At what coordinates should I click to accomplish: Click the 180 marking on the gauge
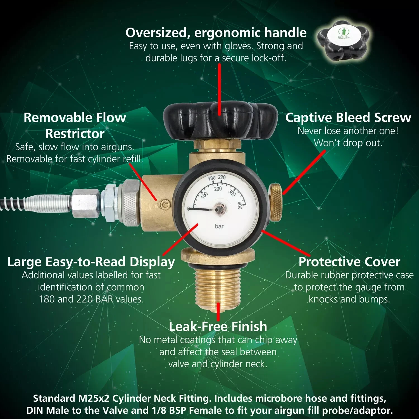pyautogui.click(x=211, y=178)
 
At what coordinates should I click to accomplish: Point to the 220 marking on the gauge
pyautogui.click(x=222, y=177)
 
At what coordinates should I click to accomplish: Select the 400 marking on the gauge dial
pyautogui.click(x=239, y=205)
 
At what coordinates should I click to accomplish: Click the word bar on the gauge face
pyautogui.click(x=219, y=226)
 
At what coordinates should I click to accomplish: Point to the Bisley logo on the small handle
pyautogui.click(x=344, y=33)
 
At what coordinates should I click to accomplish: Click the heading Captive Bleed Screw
pyautogui.click(x=348, y=118)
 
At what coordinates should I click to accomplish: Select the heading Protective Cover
pyautogui.click(x=349, y=262)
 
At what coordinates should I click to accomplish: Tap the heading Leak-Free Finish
pyautogui.click(x=218, y=326)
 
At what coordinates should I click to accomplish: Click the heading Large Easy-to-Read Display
pyautogui.click(x=91, y=262)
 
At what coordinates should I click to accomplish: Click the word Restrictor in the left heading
pyautogui.click(x=75, y=134)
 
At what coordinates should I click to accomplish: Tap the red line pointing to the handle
pyautogui.click(x=220, y=89)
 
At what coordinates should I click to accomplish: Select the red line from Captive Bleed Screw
pyautogui.click(x=304, y=172)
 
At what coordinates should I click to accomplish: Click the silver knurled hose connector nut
pyautogui.click(x=131, y=203)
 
